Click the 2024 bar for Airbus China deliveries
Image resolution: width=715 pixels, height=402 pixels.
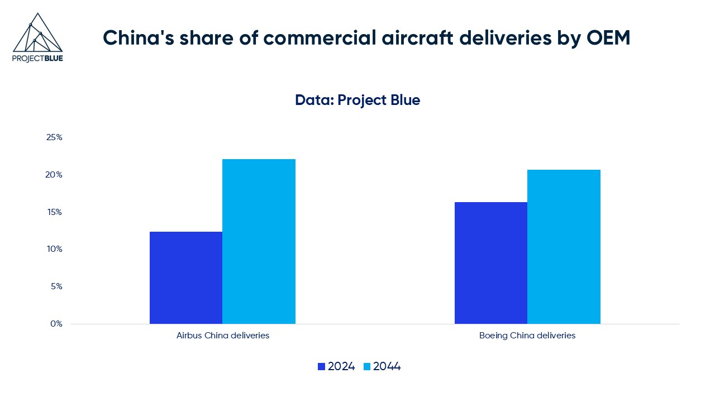coord(186,277)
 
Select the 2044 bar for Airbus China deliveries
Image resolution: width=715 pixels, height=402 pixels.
coord(259,241)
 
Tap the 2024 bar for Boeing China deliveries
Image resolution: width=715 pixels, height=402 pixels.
coord(491,262)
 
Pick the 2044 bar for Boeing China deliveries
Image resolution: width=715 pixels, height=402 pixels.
coord(564,246)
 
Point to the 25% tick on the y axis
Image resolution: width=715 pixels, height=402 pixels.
coord(54,137)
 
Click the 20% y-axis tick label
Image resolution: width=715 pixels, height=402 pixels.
coord(54,175)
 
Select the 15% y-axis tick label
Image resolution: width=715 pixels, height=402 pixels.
coord(54,212)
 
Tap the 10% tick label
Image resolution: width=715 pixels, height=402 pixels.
coord(54,249)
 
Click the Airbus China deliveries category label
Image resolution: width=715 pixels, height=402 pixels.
coord(223,336)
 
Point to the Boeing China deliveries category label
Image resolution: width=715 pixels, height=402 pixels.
coord(527,336)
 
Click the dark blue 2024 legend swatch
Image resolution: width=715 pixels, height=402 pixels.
coord(321,367)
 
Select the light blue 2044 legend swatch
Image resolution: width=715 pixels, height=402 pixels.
coord(366,367)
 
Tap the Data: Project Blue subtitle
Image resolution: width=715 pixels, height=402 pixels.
coord(357,100)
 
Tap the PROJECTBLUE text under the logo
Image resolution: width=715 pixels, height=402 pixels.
coord(37,58)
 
